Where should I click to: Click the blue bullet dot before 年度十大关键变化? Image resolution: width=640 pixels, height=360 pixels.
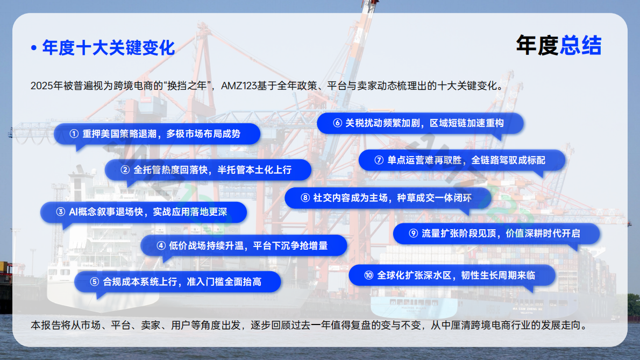pyautogui.click(x=34, y=48)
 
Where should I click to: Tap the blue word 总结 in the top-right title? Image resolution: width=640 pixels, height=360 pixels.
pyautogui.click(x=580, y=46)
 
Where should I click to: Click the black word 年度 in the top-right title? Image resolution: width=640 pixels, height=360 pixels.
pyautogui.click(x=537, y=46)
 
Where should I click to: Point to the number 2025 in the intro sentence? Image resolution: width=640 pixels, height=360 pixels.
pyautogui.click(x=41, y=86)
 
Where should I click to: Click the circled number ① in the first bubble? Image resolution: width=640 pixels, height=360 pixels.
pyautogui.click(x=74, y=134)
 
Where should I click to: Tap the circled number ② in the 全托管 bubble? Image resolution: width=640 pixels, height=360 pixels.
pyautogui.click(x=125, y=170)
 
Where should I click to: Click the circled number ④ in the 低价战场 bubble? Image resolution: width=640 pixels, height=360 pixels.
pyautogui.click(x=161, y=246)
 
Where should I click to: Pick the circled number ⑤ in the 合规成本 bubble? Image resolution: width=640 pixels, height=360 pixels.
pyautogui.click(x=95, y=282)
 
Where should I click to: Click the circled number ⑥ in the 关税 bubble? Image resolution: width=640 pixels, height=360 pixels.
pyautogui.click(x=337, y=123)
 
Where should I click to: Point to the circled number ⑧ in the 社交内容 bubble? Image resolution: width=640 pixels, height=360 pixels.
pyautogui.click(x=305, y=198)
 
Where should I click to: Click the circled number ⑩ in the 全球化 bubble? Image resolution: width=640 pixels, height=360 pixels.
pyautogui.click(x=368, y=276)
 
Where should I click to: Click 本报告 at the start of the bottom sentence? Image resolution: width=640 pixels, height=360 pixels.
pyautogui.click(x=44, y=326)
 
